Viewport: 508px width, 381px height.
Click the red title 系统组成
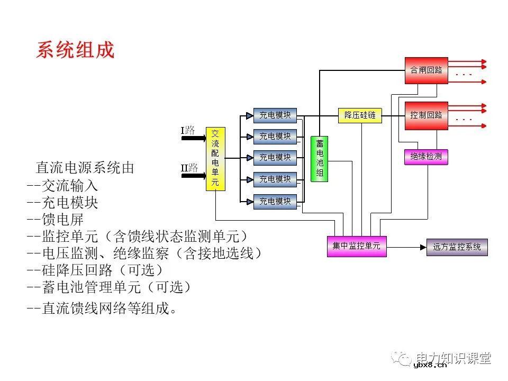click(x=75, y=50)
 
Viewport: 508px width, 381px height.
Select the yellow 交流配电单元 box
click(x=215, y=158)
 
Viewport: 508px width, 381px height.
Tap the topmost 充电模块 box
click(x=275, y=115)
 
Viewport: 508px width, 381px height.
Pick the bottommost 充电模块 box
click(x=275, y=201)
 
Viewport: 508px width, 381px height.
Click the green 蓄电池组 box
click(x=320, y=158)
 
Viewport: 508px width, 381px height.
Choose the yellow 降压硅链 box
click(x=360, y=115)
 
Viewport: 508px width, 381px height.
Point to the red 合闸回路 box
click(x=426, y=70)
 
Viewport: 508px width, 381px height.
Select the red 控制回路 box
click(x=426, y=115)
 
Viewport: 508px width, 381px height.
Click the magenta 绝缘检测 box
click(x=426, y=157)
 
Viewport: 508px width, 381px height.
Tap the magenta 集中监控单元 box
click(x=356, y=246)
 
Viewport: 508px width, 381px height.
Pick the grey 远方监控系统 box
click(x=457, y=247)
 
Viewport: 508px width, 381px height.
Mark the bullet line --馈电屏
click(x=55, y=219)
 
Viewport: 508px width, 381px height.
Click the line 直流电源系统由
click(x=85, y=168)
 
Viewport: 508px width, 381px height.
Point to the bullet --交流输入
click(x=62, y=186)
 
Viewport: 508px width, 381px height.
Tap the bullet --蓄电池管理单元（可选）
click(x=108, y=287)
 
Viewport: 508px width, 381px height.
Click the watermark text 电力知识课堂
click(x=453, y=358)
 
